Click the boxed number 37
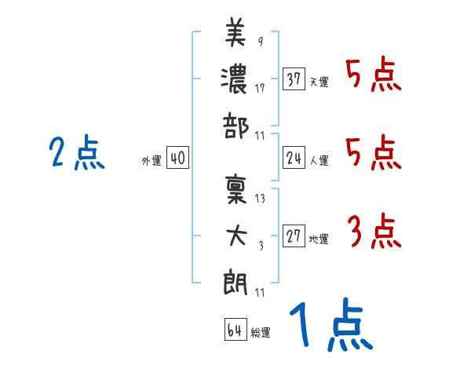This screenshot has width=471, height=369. tap(294, 79)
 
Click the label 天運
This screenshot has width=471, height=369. tap(319, 82)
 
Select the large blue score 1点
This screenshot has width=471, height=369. tap(330, 326)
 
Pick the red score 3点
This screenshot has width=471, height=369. tap(374, 232)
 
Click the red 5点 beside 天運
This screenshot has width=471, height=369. tap(374, 75)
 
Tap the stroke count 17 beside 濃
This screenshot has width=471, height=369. tap(260, 88)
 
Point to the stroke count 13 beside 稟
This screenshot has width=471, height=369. tap(260, 199)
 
